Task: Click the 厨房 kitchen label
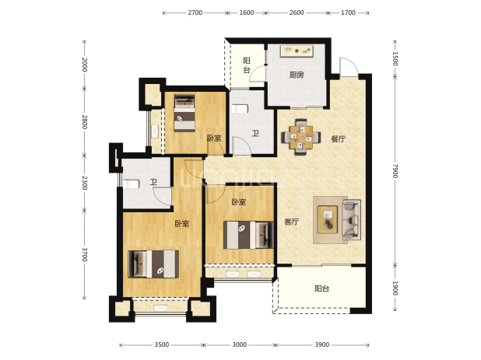(297, 75)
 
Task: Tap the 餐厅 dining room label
(338, 139)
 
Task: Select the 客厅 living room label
(291, 222)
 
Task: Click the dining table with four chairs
(301, 137)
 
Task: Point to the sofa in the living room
(351, 219)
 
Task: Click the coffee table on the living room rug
(328, 219)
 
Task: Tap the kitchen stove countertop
(297, 51)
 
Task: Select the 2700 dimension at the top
(195, 12)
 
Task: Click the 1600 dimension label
(247, 12)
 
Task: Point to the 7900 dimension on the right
(395, 171)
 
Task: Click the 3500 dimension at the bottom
(161, 344)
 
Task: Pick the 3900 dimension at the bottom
(321, 344)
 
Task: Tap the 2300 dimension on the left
(85, 183)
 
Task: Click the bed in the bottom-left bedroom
(153, 264)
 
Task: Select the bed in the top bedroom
(184, 113)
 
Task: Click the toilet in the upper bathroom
(240, 109)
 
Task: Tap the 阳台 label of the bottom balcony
(321, 288)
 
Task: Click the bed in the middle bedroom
(248, 235)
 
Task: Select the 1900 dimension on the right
(395, 288)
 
